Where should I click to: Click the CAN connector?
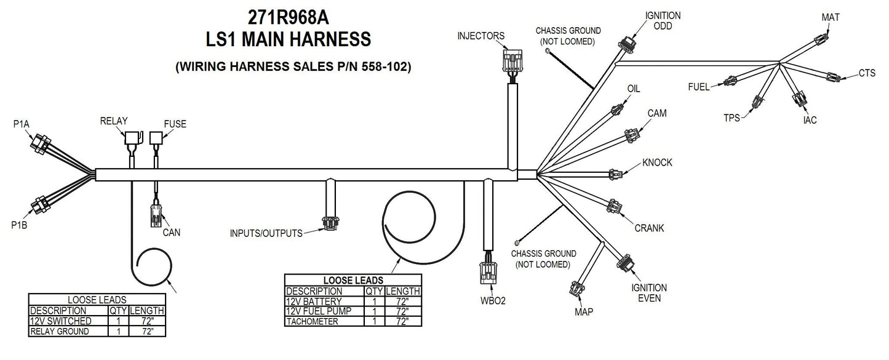tap(154, 216)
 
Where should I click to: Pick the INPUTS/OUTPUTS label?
tap(266, 233)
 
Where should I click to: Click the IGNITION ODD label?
tap(662, 20)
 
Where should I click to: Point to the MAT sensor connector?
tap(821, 41)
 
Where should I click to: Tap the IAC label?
tap(810, 120)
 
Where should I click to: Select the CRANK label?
tap(649, 228)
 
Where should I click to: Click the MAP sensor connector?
tap(578, 289)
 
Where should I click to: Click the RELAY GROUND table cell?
tap(68, 331)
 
